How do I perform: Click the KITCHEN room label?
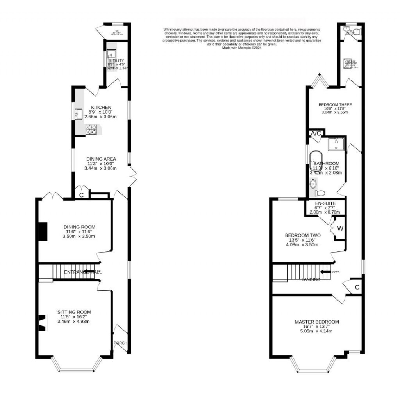(x=101, y=107)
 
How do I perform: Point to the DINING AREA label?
(x=101, y=159)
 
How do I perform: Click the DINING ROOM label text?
(x=80, y=227)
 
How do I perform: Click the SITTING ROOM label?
(x=74, y=312)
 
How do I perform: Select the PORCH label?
(x=120, y=343)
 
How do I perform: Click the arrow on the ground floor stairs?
(x=89, y=272)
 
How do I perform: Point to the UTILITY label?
(x=117, y=61)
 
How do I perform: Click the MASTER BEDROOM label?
(x=317, y=322)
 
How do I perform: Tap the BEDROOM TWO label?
(x=303, y=235)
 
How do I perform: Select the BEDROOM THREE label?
(x=335, y=105)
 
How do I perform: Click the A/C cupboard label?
(x=316, y=133)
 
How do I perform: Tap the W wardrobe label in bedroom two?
(x=340, y=228)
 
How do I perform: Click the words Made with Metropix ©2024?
(x=241, y=48)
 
